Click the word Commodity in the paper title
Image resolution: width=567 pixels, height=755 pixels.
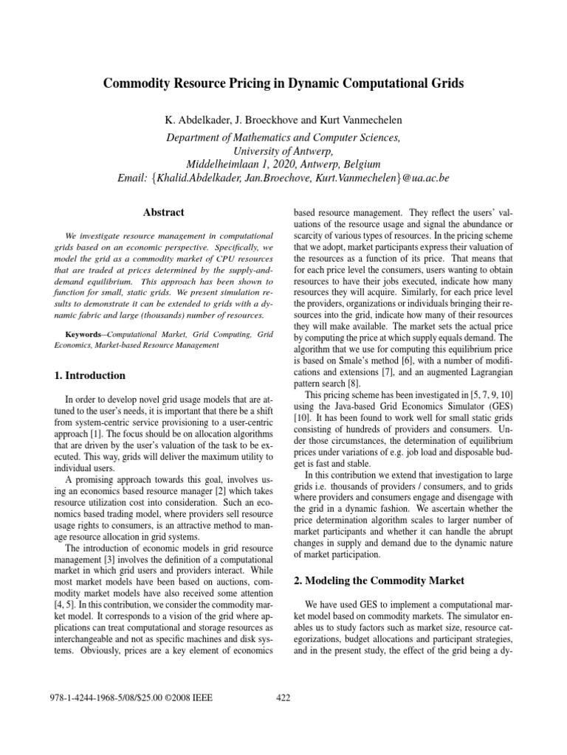138,84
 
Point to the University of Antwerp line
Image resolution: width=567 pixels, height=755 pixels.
283,150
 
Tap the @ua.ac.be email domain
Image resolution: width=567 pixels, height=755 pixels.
431,179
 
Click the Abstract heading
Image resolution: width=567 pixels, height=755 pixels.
163,212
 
